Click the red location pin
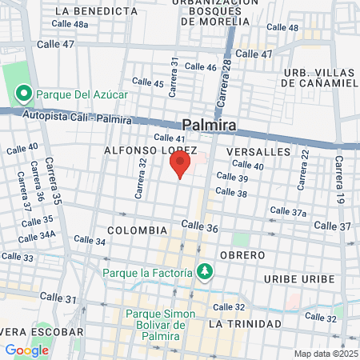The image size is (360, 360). click(180, 165)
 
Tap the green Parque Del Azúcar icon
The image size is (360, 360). click(24, 95)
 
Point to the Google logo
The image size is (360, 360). click(26, 350)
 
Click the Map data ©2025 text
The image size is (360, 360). click(325, 354)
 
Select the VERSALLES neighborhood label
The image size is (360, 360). click(258, 151)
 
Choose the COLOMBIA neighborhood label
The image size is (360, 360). click(137, 230)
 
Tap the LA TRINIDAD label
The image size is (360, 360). click(245, 324)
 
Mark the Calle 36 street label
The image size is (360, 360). click(200, 227)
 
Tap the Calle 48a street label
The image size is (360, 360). click(70, 25)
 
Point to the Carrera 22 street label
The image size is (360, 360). click(303, 170)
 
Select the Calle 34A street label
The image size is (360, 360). click(37, 234)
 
